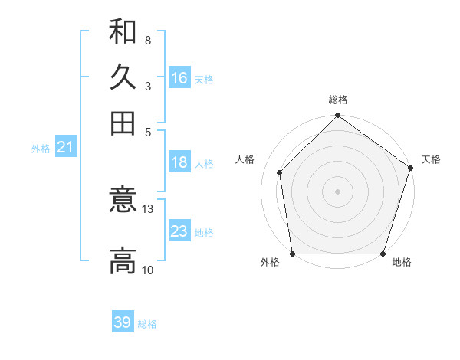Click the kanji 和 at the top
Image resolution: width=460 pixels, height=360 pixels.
tap(123, 33)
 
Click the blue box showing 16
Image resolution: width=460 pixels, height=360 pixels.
tap(179, 78)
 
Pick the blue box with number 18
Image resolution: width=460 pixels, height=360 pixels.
tap(179, 162)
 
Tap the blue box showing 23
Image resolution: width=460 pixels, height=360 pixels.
tap(179, 231)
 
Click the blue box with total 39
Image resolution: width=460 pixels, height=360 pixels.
tap(123, 322)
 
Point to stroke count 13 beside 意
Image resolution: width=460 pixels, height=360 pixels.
tap(148, 208)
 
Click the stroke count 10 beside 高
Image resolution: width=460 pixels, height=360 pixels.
tap(148, 270)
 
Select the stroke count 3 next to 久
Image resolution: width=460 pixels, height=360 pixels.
tap(148, 86)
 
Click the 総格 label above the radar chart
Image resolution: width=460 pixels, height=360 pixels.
tap(338, 100)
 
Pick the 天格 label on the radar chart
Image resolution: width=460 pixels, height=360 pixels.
tap(431, 159)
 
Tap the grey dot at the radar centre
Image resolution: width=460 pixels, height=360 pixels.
tap(338, 191)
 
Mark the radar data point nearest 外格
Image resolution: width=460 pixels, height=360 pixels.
tap(292, 254)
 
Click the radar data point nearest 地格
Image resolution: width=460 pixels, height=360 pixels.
tap(383, 254)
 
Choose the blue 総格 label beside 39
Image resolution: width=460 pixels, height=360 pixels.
tap(147, 324)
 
